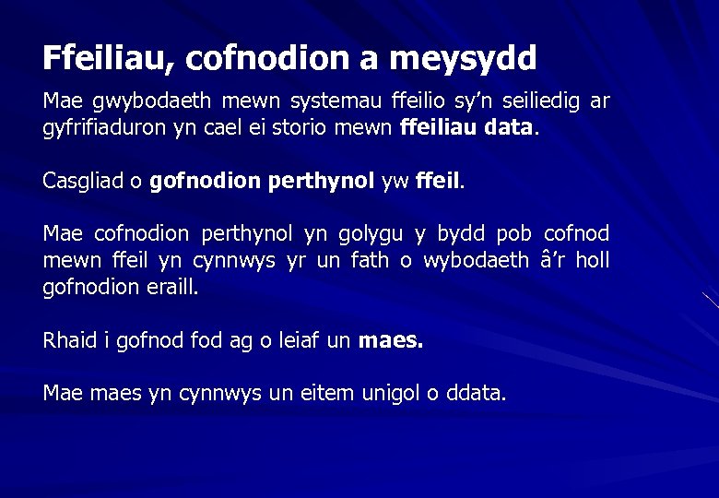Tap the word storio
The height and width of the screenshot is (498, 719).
[315, 127]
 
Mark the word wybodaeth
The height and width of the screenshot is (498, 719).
[476, 261]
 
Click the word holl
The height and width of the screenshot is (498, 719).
[592, 261]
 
